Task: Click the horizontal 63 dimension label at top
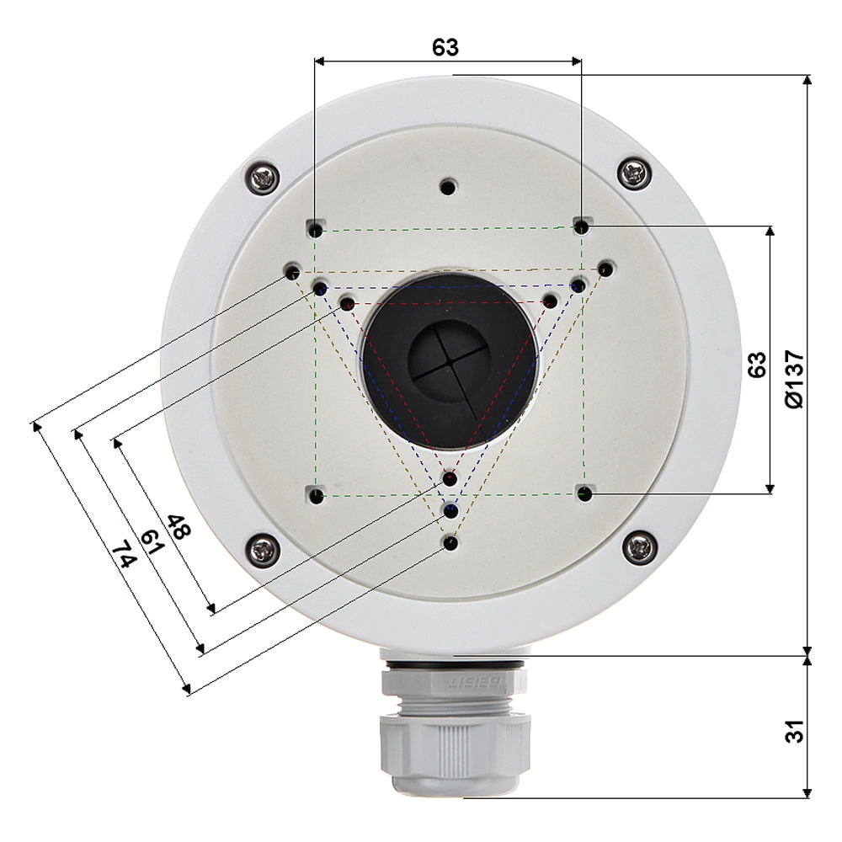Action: coord(445,47)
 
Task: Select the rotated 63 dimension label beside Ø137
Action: coord(756,364)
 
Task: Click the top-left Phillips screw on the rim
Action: coord(264,177)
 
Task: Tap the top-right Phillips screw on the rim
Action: coord(633,173)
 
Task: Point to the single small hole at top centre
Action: coord(449,186)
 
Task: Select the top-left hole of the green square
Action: coord(315,229)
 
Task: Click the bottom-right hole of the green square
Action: coord(584,494)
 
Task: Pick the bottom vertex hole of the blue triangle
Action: coord(450,510)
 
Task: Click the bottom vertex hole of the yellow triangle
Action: coord(450,543)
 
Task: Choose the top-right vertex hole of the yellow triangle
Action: coord(605,269)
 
